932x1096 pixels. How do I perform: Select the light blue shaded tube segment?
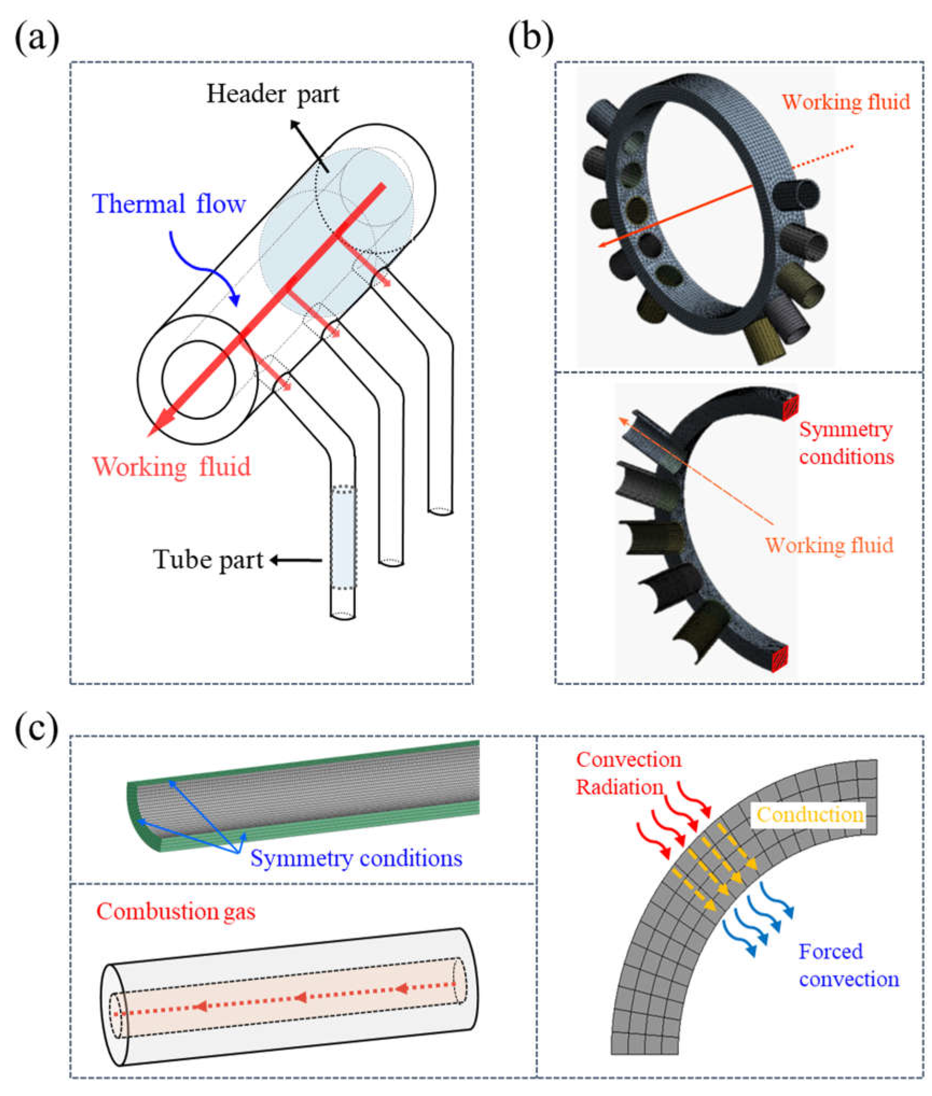tap(343, 536)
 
